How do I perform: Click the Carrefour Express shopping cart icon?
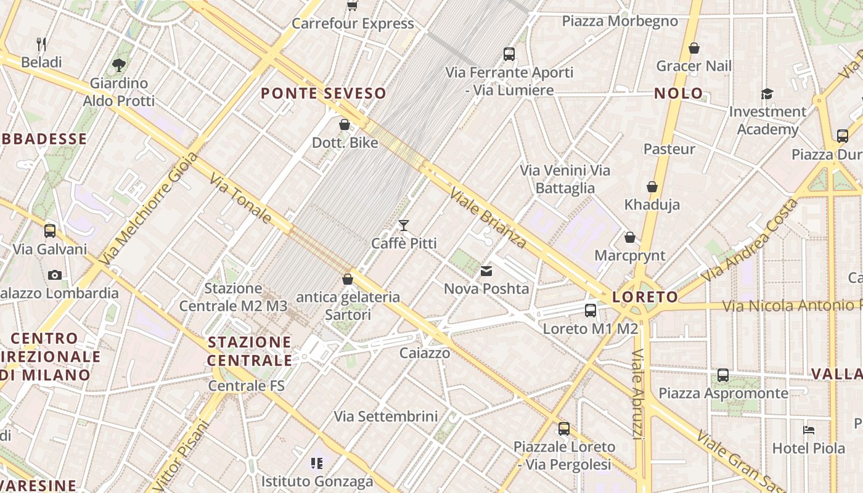point(352,6)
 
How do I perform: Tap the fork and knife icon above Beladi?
point(41,44)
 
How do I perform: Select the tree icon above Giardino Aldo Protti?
point(119,65)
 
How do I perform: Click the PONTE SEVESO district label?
point(324,94)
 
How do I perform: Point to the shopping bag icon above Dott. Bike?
point(345,124)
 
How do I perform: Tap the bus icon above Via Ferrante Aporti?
point(509,54)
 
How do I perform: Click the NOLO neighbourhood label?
point(678,94)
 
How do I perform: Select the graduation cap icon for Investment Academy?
point(767,94)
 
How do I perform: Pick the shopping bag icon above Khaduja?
point(652,186)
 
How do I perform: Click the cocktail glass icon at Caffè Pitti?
point(404,226)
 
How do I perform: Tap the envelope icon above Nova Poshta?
point(486,271)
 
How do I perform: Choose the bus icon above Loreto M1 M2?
point(590,310)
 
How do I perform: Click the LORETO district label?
point(645,297)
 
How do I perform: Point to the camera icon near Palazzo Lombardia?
point(55,275)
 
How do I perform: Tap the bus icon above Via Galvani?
point(50,231)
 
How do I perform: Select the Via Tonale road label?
point(240,198)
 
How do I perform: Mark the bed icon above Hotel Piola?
point(809,430)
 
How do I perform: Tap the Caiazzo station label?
point(425,353)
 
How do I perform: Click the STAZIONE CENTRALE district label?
point(250,351)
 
